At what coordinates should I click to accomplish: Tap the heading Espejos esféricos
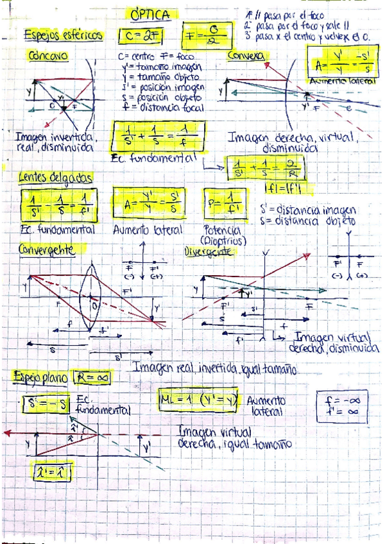(x=62, y=36)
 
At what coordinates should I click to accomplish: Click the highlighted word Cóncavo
(x=48, y=56)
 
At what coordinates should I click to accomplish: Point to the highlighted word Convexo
(x=246, y=56)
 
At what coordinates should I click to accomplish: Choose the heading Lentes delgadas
(x=55, y=176)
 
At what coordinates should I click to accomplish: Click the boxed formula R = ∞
(x=92, y=378)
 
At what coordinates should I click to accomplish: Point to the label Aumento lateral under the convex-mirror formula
(x=342, y=82)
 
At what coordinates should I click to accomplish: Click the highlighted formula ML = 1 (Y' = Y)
(x=200, y=401)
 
